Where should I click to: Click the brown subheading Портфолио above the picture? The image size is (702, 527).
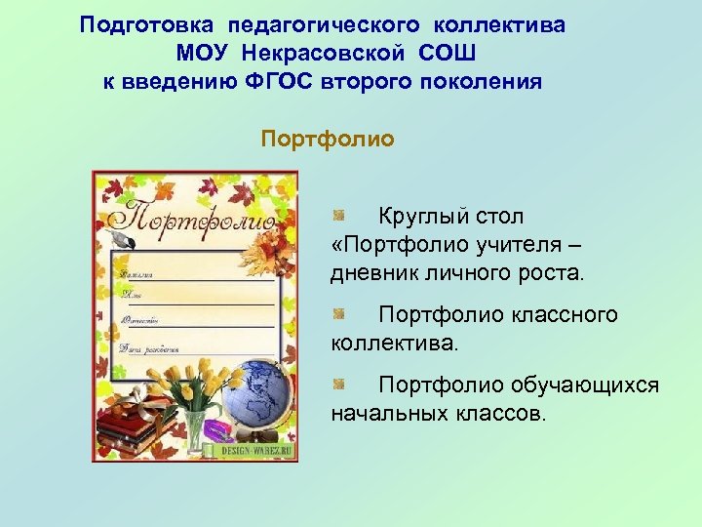click(x=328, y=140)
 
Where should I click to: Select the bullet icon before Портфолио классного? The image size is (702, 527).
click(x=337, y=314)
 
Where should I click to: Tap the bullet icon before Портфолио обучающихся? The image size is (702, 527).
click(x=337, y=385)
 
